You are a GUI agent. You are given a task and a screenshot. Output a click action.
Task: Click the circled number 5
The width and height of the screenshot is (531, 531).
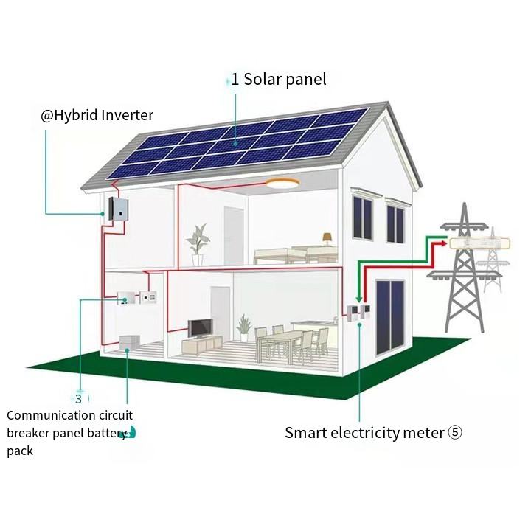(454, 433)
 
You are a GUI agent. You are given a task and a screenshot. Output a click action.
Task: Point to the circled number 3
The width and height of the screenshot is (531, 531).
(78, 399)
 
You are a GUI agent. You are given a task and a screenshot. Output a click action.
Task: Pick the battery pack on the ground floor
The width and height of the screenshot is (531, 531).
(129, 343)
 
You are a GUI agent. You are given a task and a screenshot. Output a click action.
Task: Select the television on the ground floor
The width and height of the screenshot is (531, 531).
(199, 328)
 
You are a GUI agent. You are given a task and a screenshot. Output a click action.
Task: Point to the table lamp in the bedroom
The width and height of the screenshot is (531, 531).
(325, 239)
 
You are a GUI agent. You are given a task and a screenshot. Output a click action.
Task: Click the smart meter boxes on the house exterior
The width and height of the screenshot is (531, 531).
(356, 312)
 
